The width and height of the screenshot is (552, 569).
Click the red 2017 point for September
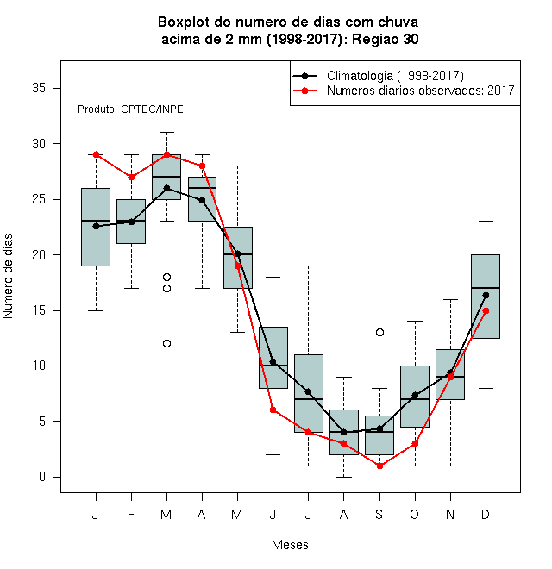379,466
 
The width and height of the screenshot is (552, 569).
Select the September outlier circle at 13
379,333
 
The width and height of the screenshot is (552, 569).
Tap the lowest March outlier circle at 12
166,344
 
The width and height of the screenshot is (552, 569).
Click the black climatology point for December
486,296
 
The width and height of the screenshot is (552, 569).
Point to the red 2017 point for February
131,177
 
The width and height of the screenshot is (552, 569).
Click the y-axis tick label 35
39,88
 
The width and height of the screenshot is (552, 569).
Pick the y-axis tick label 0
42,477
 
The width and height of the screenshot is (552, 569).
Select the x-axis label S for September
379,515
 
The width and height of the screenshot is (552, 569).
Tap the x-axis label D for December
486,515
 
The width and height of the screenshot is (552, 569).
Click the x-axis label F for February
131,515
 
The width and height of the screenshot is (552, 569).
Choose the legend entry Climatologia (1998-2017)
378,76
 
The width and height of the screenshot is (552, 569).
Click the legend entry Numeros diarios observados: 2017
404,91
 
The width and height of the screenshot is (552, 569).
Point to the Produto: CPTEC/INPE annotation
130,109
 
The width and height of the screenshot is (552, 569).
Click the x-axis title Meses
290,545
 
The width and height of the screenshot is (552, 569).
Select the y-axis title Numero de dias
8,277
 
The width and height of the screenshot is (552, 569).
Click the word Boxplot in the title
184,22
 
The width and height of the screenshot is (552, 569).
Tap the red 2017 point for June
273,410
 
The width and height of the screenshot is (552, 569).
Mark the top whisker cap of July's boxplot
308,266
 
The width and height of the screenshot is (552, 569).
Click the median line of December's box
486,288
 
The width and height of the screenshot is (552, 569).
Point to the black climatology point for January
97,226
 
